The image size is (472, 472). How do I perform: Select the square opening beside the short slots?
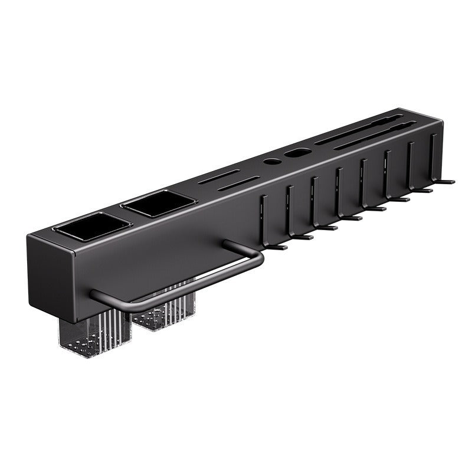point(158,204)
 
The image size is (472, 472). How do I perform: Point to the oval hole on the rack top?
point(295,154)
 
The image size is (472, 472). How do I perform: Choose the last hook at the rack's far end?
point(437,165)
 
